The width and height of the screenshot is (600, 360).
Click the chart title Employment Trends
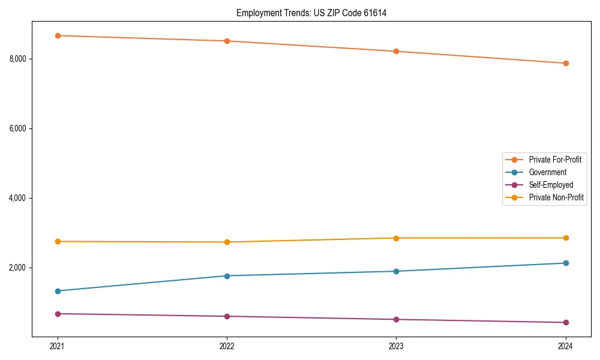pos(311,13)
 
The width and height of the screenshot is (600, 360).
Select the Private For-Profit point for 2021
pos(58,35)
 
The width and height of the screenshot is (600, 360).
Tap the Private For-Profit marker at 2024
pos(565,63)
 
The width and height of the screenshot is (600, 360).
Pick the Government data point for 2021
pos(58,291)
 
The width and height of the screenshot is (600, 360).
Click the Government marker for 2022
pos(227,276)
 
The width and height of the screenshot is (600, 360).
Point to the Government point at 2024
pos(565,263)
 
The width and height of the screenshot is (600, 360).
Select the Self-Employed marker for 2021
pos(58,314)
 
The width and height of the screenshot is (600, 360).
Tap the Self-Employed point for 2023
pos(396,319)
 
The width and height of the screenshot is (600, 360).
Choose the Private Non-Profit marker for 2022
pos(227,242)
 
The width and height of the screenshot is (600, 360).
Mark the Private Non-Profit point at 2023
pos(396,238)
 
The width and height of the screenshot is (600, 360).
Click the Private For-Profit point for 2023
pos(396,52)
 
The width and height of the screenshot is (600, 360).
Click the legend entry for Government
pos(547,172)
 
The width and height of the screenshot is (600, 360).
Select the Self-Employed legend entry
pos(551,185)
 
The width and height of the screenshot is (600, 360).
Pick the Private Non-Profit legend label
pos(556,197)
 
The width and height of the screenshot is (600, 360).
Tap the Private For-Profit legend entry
pos(555,160)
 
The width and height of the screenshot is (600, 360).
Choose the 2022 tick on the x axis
pos(227,346)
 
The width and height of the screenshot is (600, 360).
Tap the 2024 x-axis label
pos(565,346)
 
